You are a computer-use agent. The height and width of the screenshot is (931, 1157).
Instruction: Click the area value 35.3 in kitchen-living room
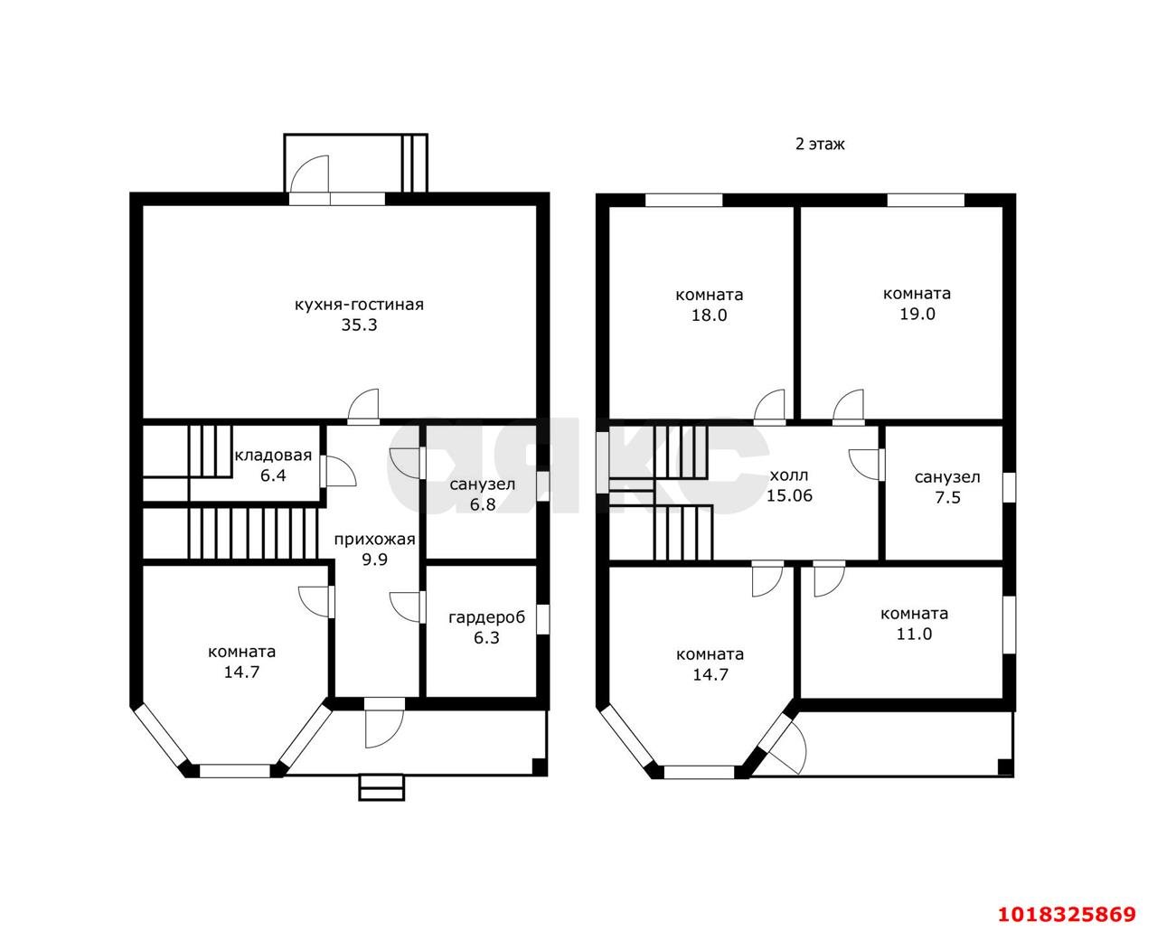tap(359, 325)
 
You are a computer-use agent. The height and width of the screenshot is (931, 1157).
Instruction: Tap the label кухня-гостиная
tap(359, 305)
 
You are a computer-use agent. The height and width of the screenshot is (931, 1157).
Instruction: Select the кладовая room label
tap(273, 456)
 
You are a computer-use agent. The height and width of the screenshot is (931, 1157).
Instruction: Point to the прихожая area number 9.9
tap(374, 560)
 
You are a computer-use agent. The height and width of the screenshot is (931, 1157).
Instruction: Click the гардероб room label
tap(486, 618)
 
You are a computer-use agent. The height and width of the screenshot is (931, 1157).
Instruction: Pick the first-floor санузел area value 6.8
tap(483, 505)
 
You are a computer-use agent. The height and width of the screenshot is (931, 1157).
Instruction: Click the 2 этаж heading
tap(820, 144)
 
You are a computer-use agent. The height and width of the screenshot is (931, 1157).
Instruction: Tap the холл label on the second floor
tap(789, 475)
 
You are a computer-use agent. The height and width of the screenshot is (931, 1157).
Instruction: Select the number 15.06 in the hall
tap(789, 496)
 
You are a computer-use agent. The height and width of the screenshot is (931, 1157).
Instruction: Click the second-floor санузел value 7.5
tap(947, 497)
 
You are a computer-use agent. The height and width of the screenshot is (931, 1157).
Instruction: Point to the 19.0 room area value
tap(917, 314)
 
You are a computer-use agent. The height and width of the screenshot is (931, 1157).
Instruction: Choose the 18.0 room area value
tap(710, 315)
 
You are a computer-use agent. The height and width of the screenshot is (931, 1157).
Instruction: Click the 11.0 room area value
tap(914, 635)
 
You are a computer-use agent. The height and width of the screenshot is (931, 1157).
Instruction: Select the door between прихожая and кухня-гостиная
tap(363, 407)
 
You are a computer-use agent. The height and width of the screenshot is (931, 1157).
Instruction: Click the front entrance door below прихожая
tap(384, 722)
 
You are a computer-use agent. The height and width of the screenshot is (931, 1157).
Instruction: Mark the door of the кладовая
tap(338, 471)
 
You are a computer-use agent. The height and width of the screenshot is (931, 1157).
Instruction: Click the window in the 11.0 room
tap(1009, 625)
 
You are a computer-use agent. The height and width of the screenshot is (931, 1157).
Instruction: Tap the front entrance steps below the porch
tap(381, 787)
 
